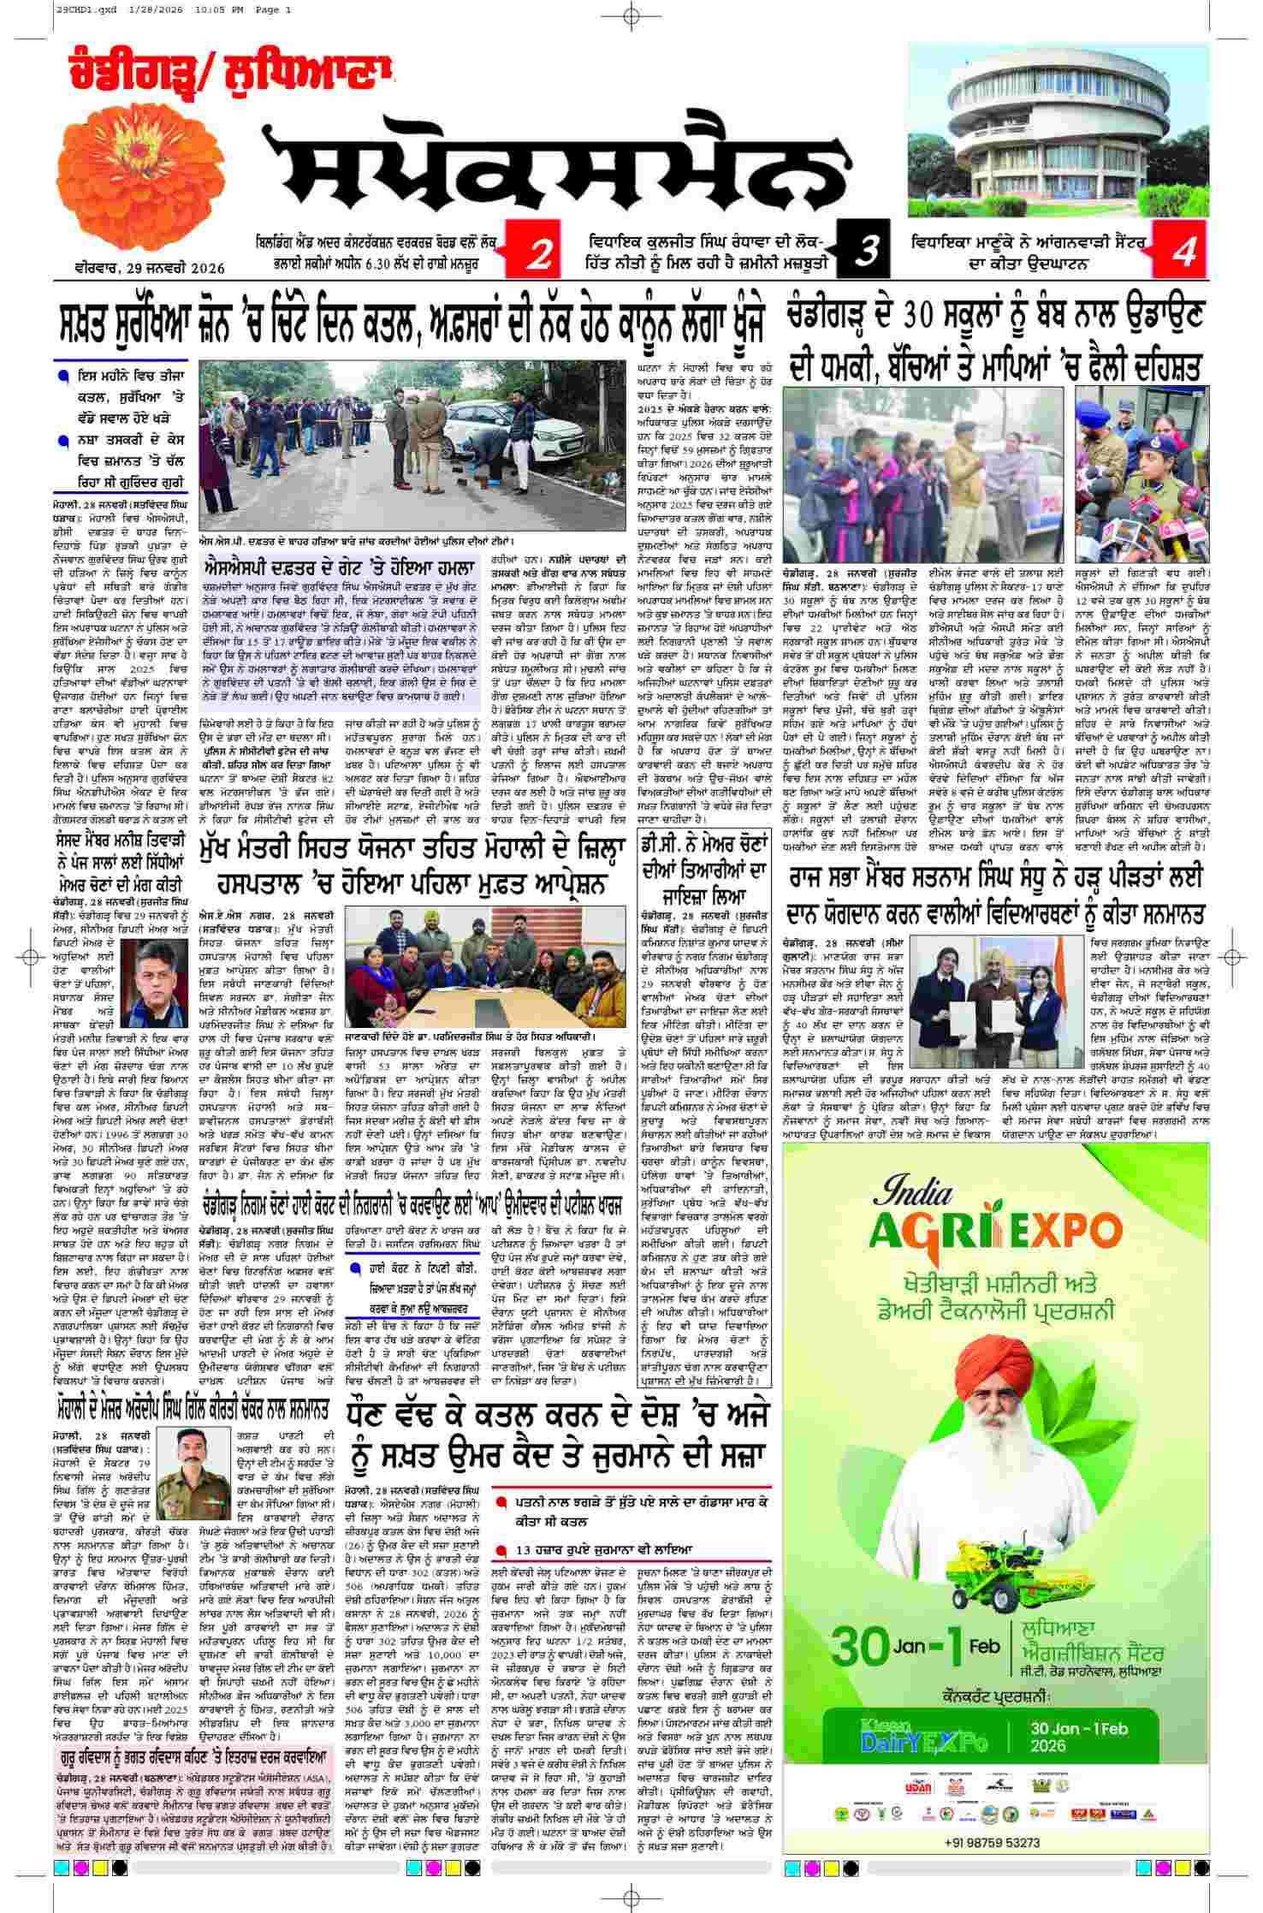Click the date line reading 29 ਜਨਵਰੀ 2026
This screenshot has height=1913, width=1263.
[x=150, y=268]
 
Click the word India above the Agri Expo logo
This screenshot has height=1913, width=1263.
[x=912, y=1192]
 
